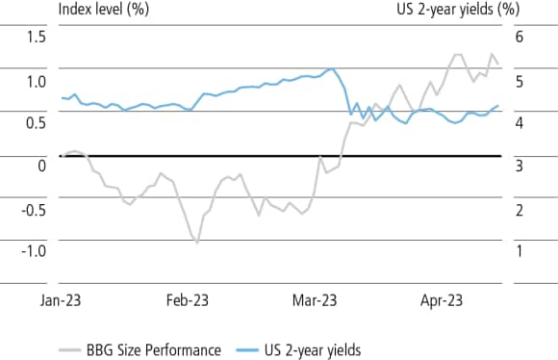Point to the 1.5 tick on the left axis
tap(36, 37)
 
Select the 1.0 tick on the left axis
tap(36, 80)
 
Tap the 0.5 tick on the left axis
tap(36, 122)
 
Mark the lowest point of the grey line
tap(197, 243)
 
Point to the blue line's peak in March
tap(331, 68)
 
